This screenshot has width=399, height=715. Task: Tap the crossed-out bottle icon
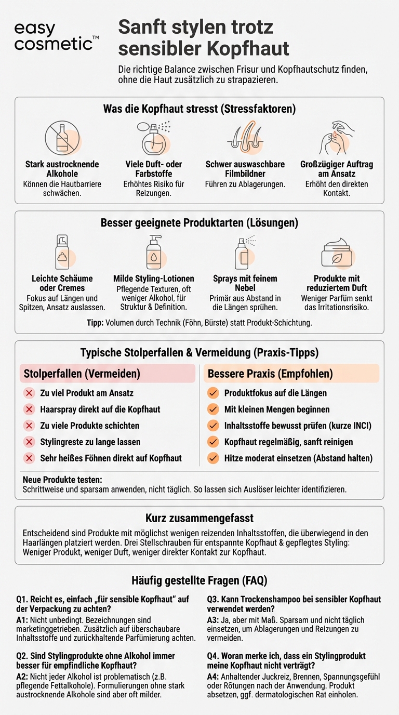click(x=62, y=138)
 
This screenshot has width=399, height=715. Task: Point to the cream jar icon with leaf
click(x=337, y=253)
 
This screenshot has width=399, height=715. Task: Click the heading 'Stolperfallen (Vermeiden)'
click(x=82, y=374)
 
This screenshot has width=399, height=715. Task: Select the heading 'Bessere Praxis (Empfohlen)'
click(x=271, y=374)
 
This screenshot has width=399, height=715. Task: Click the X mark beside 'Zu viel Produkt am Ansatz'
click(x=29, y=393)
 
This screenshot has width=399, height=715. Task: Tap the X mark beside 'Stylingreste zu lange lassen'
click(x=29, y=442)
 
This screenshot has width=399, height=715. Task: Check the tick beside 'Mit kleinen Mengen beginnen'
click(x=213, y=409)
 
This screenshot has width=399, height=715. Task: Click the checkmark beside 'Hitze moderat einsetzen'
click(x=213, y=458)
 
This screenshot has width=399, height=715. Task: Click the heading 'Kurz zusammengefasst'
click(x=199, y=518)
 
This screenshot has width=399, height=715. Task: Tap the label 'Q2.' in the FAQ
click(x=23, y=656)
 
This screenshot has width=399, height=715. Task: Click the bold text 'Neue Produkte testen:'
click(x=62, y=479)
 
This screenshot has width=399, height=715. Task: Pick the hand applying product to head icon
click(x=336, y=137)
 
